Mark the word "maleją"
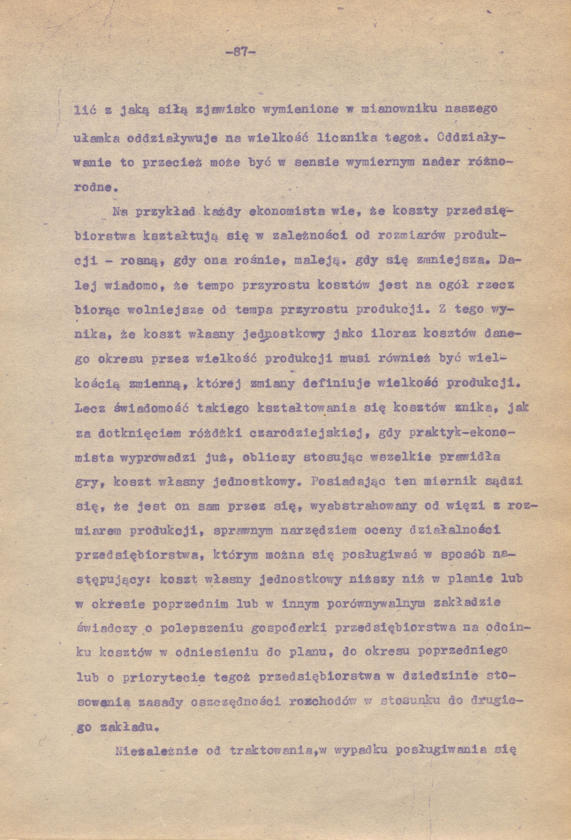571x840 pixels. pos(316,261)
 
